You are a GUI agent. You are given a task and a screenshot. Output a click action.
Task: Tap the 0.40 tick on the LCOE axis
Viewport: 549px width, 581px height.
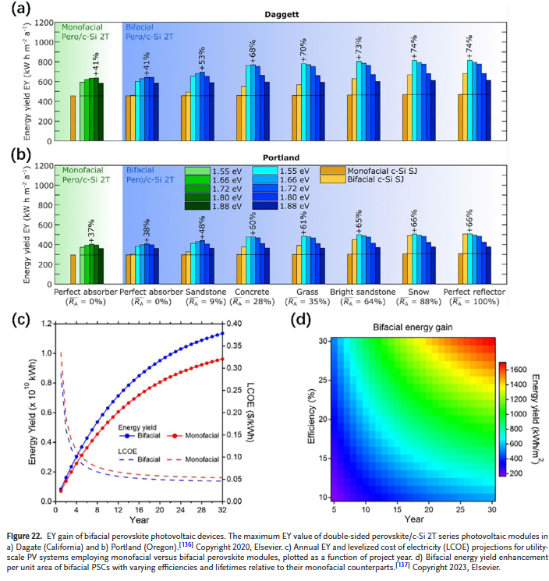(x=234, y=323)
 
